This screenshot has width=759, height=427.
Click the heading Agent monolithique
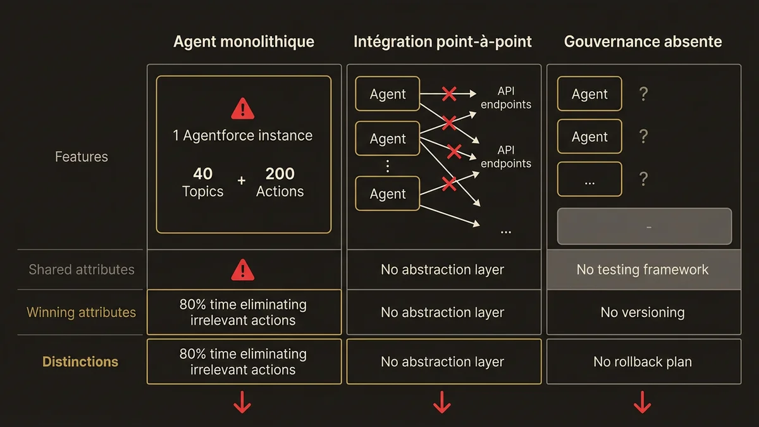pyautogui.click(x=244, y=42)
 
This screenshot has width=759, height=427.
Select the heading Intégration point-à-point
pyautogui.click(x=443, y=42)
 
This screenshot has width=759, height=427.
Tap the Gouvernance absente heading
pyautogui.click(x=643, y=42)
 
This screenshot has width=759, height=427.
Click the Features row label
pyautogui.click(x=82, y=157)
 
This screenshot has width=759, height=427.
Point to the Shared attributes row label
pyautogui.click(x=82, y=269)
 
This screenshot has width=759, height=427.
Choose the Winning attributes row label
pyautogui.click(x=81, y=313)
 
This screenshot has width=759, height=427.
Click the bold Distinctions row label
pyautogui.click(x=80, y=362)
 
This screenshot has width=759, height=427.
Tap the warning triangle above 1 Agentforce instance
pyautogui.click(x=243, y=109)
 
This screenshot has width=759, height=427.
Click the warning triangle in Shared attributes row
pyautogui.click(x=243, y=270)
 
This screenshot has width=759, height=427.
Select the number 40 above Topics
pyautogui.click(x=202, y=174)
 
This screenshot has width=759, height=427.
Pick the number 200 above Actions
pyautogui.click(x=280, y=174)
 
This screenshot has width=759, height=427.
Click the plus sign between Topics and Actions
pyautogui.click(x=241, y=181)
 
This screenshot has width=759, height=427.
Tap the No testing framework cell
pyautogui.click(x=643, y=269)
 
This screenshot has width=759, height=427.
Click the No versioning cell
pyautogui.click(x=643, y=313)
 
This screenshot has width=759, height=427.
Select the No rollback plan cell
pyautogui.click(x=643, y=362)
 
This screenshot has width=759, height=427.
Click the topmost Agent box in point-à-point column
pyautogui.click(x=388, y=94)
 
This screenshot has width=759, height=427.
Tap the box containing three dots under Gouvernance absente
pyautogui.click(x=589, y=180)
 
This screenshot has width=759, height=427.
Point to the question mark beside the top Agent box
pyautogui.click(x=643, y=95)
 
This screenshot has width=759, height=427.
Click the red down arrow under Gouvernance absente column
pyautogui.click(x=643, y=402)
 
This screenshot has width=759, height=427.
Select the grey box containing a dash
pyautogui.click(x=644, y=226)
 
